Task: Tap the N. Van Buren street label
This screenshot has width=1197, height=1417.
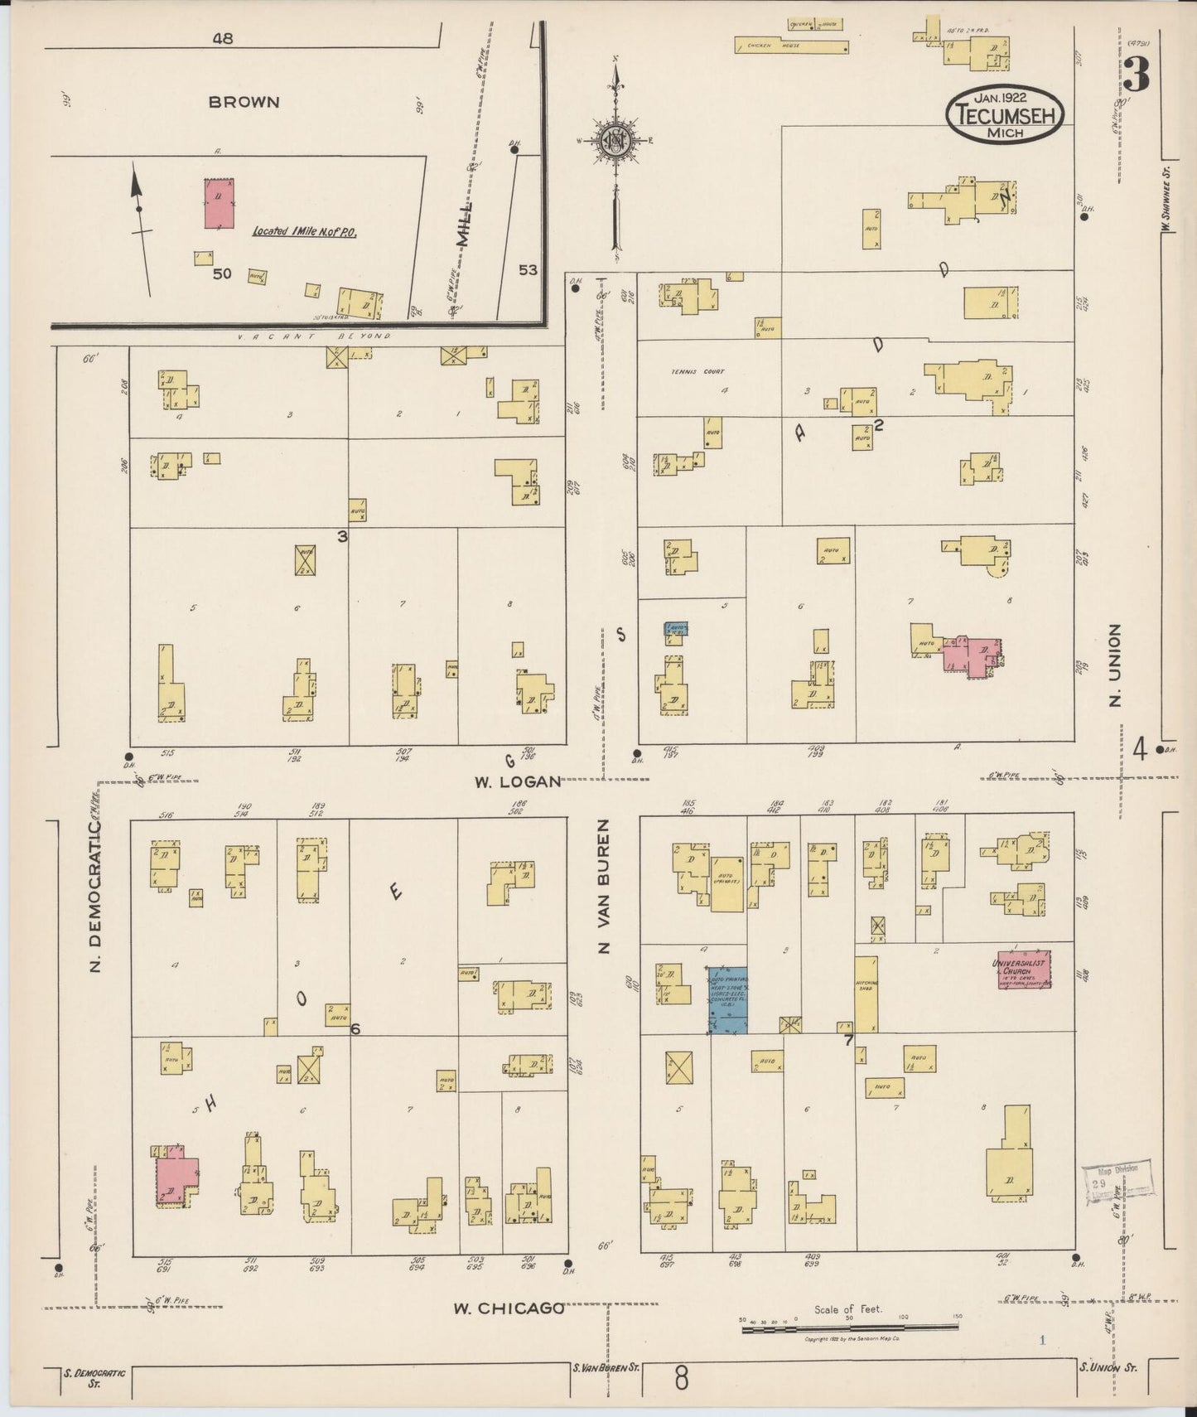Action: pos(605,887)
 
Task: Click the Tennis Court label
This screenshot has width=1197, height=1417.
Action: pos(693,371)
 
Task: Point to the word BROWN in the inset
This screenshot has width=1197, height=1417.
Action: pos(244,103)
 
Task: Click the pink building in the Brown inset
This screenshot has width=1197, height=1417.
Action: pos(219,203)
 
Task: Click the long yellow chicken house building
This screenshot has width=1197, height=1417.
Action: pos(791,45)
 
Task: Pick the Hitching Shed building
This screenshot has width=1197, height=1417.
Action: pos(866,994)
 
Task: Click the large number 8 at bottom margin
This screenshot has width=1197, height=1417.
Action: pos(681,1380)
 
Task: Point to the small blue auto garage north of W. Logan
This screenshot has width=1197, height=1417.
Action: pos(676,630)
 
